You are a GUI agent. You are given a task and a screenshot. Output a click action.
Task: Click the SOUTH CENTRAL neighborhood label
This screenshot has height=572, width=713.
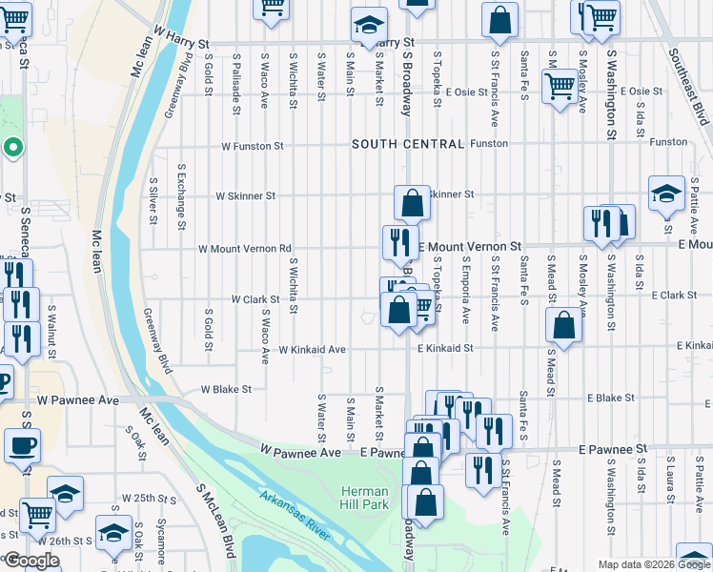(x=407, y=144)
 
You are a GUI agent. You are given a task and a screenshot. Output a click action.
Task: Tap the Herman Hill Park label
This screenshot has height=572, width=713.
(x=365, y=497)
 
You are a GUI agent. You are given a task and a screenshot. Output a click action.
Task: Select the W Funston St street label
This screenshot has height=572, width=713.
(x=253, y=147)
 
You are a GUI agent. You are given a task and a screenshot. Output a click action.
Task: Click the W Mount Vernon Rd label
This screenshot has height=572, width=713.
(x=244, y=249)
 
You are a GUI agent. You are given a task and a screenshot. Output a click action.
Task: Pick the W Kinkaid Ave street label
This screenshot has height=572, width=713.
(x=312, y=350)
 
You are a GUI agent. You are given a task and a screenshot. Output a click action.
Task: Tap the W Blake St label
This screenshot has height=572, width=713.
(x=226, y=389)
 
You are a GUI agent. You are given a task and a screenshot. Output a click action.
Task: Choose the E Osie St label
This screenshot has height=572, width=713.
(x=641, y=92)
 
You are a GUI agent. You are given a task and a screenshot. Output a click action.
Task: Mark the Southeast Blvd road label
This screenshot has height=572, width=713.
(x=689, y=87)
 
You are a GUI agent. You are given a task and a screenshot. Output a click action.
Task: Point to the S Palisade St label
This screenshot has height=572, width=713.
(x=235, y=81)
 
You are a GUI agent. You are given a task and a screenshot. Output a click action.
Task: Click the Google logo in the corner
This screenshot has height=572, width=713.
(x=31, y=561)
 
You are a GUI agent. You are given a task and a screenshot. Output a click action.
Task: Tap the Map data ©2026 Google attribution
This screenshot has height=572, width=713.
(x=653, y=564)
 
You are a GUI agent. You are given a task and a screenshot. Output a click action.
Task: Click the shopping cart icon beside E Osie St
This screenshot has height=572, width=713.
(x=559, y=85)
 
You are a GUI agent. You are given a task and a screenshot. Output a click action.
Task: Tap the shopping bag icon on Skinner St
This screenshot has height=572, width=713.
(x=412, y=202)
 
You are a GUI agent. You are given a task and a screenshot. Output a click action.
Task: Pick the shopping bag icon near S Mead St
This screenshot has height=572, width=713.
(x=564, y=324)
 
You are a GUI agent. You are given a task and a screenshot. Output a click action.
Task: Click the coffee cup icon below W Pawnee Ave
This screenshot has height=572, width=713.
(x=21, y=444)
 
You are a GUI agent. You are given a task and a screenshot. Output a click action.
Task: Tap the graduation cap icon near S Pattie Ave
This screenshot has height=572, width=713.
(x=665, y=194)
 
